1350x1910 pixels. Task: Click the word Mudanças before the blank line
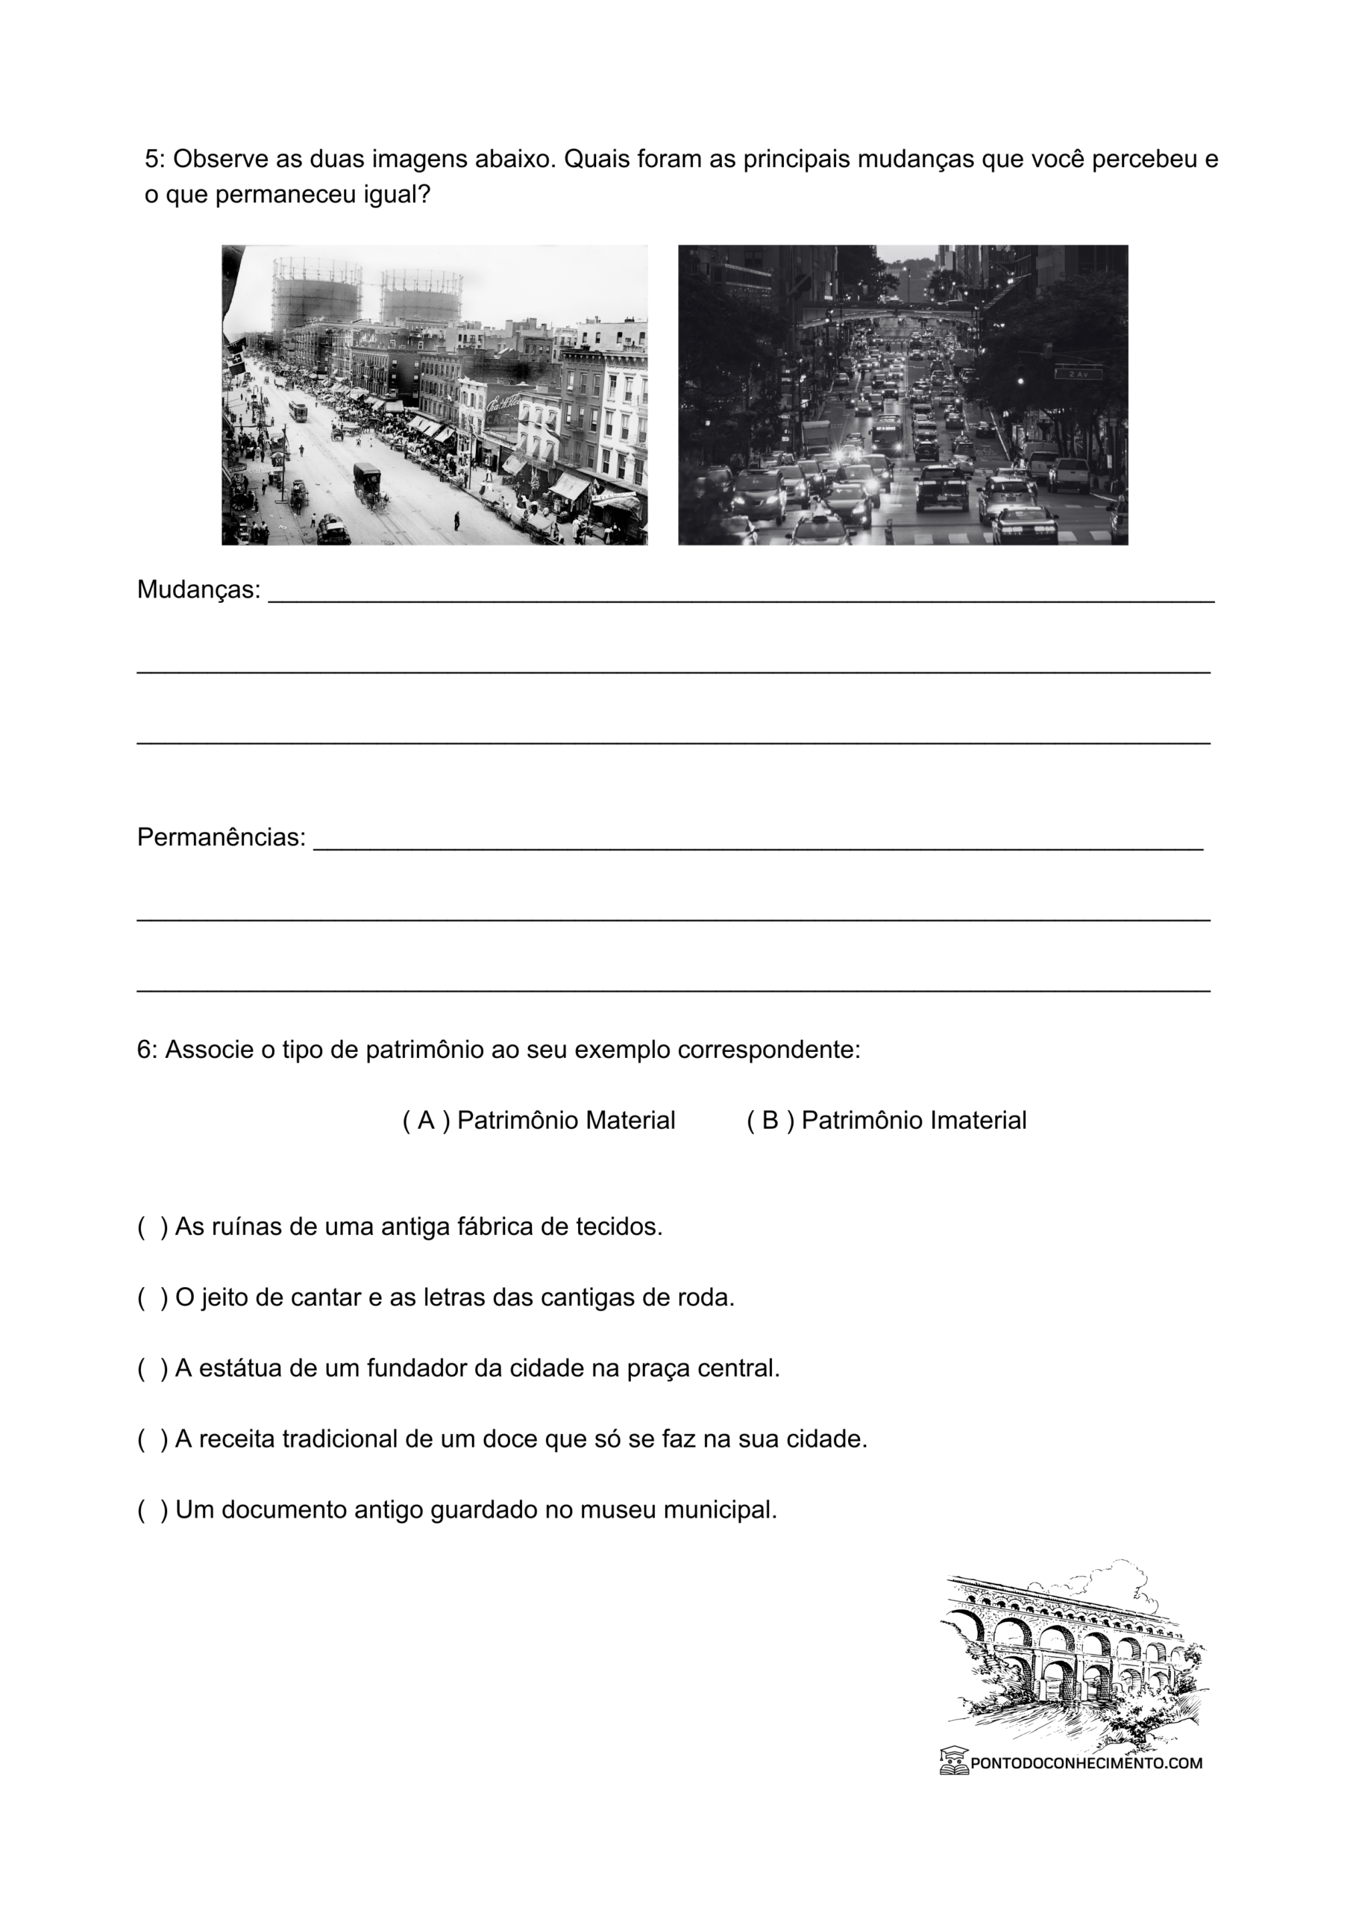[x=198, y=590]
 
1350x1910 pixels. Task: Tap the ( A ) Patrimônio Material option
[x=539, y=1121]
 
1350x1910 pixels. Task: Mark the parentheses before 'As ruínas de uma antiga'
[x=152, y=1227]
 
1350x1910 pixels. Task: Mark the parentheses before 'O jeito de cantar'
[x=152, y=1297]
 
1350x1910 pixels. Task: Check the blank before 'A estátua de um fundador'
[x=152, y=1368]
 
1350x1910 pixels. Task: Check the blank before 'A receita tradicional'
[x=152, y=1439]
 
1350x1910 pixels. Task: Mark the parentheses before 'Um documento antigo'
[x=152, y=1510]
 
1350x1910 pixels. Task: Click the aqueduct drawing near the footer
[x=1073, y=1656]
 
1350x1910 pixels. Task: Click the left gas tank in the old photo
[x=316, y=291]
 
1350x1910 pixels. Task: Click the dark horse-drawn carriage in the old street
[x=367, y=483]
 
